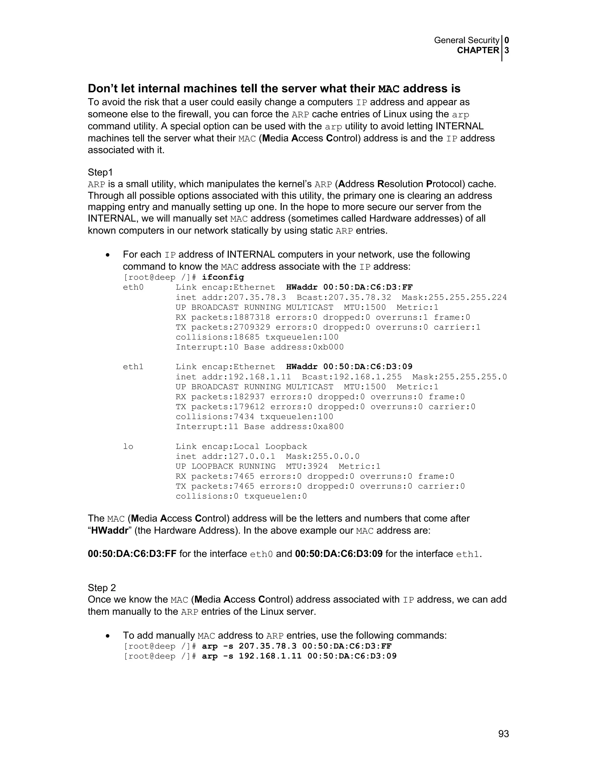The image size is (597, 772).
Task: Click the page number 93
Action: [503, 734]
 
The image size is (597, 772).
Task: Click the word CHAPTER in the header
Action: [478, 51]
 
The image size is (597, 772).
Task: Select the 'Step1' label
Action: [100, 172]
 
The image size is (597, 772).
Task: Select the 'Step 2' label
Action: [102, 588]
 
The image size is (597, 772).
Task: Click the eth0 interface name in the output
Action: [133, 287]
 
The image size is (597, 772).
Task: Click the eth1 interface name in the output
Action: [133, 367]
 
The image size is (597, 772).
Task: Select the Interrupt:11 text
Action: [207, 427]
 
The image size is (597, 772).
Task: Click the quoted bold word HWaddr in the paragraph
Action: [109, 530]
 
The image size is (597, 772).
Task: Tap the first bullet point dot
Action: [108, 255]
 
